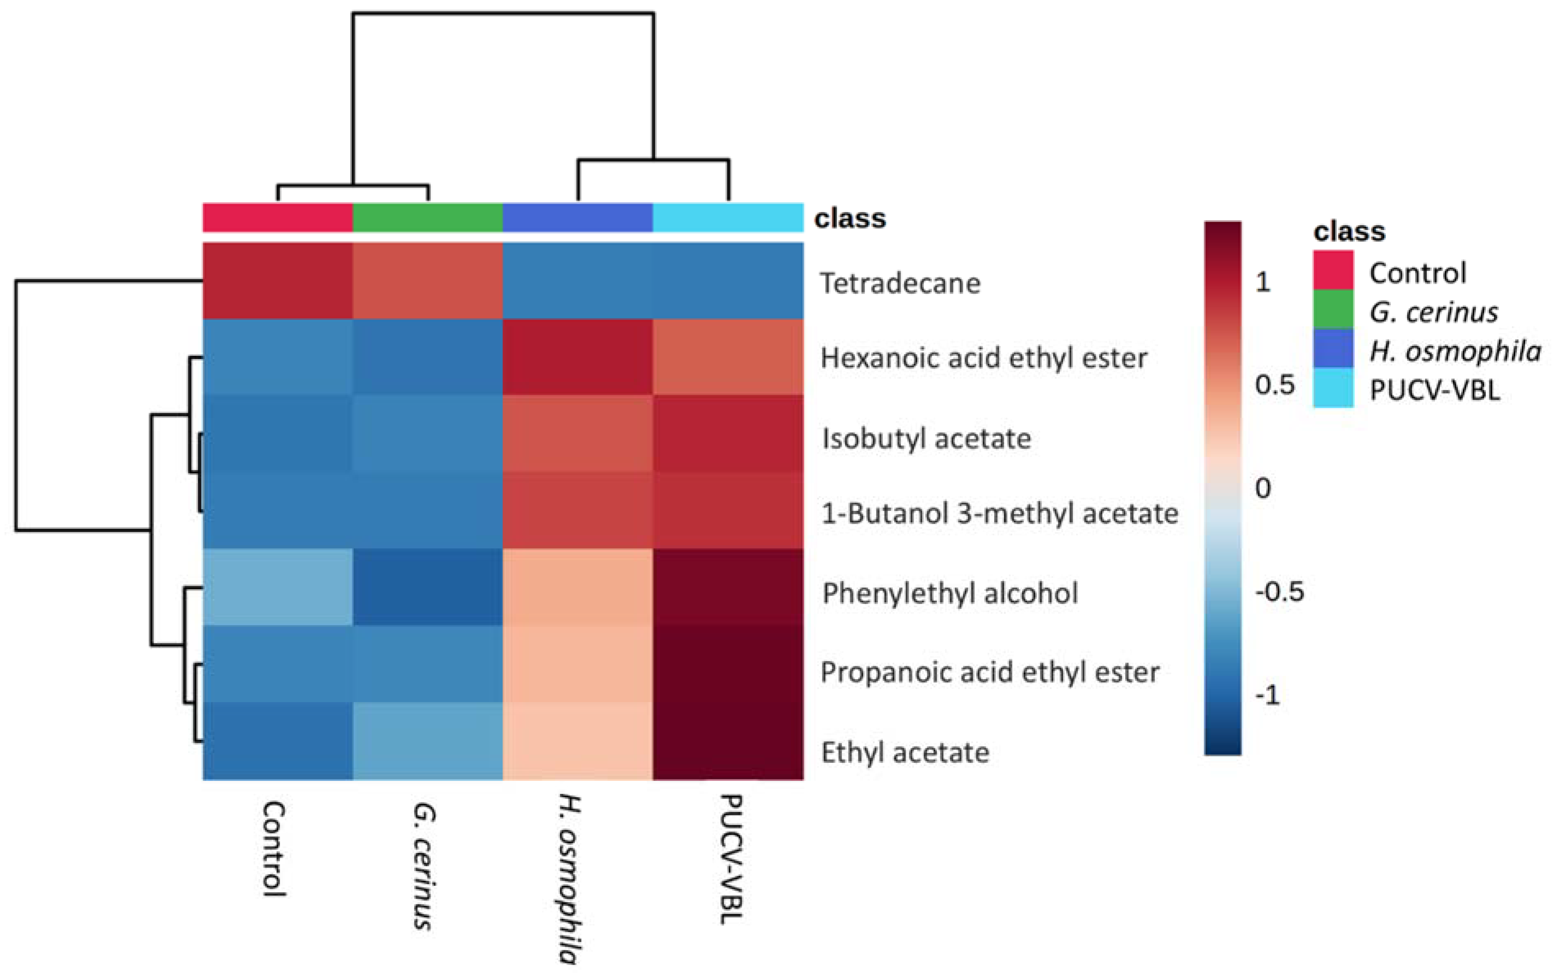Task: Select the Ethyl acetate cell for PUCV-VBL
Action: [x=728, y=741]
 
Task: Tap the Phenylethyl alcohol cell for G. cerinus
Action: [x=428, y=586]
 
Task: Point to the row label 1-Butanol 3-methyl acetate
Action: [x=999, y=513]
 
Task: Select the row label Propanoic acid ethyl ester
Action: [x=989, y=672]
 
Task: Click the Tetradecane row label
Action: [x=900, y=283]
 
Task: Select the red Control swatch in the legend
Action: [x=1333, y=271]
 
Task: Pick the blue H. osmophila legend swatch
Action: [x=1333, y=349]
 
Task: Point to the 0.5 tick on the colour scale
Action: [x=1274, y=384]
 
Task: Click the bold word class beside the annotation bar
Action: [x=850, y=218]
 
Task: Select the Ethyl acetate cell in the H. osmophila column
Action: [x=578, y=741]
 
